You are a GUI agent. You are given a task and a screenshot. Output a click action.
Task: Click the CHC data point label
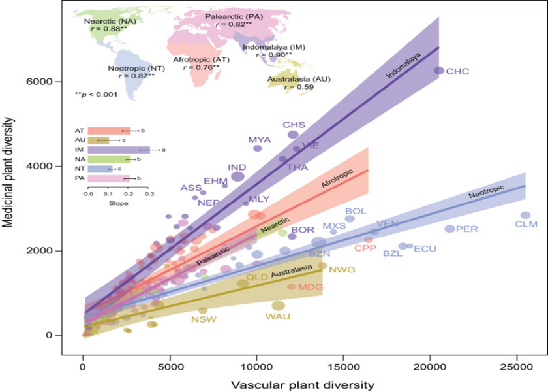[459, 71]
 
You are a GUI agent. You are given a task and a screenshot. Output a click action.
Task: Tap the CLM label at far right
[526, 225]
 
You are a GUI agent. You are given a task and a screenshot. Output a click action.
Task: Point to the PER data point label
[467, 229]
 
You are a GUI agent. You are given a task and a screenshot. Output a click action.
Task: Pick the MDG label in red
[311, 287]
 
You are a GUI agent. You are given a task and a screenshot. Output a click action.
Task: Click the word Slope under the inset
[118, 203]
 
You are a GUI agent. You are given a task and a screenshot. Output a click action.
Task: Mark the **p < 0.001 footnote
[97, 95]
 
